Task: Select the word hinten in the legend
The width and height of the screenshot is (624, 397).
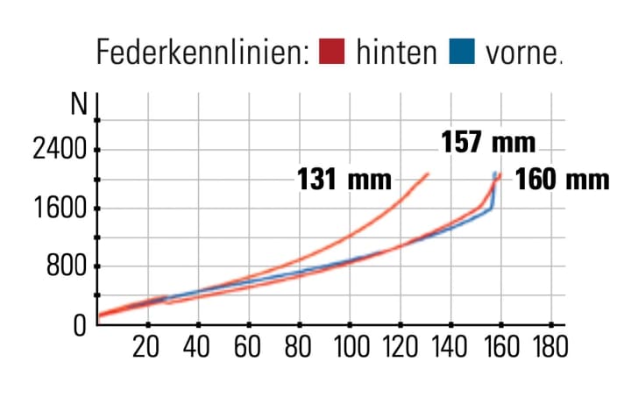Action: pyautogui.click(x=396, y=53)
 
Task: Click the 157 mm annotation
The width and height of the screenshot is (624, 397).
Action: pyautogui.click(x=487, y=142)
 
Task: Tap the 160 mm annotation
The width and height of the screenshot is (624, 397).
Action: pyautogui.click(x=561, y=181)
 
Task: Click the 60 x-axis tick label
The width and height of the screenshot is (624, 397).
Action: pyautogui.click(x=248, y=345)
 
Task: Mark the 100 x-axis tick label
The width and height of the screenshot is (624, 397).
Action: pyautogui.click(x=349, y=345)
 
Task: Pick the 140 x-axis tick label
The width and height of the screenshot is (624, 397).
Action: pyautogui.click(x=450, y=345)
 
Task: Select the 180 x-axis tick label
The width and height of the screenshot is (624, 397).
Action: pyautogui.click(x=550, y=345)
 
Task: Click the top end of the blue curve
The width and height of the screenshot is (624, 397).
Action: pyautogui.click(x=494, y=173)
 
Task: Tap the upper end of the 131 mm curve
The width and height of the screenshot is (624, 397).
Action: pyautogui.click(x=429, y=174)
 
